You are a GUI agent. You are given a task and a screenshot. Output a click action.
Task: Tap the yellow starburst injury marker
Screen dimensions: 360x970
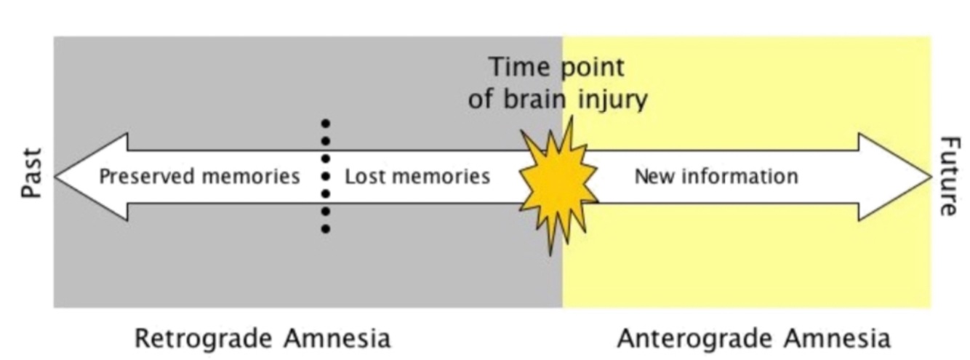[x=558, y=182]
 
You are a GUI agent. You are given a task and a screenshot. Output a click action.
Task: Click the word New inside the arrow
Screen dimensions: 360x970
[x=652, y=177]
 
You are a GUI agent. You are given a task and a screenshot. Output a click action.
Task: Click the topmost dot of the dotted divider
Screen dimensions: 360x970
[x=326, y=123]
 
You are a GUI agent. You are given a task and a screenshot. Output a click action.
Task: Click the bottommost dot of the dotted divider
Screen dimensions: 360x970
[x=326, y=229]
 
